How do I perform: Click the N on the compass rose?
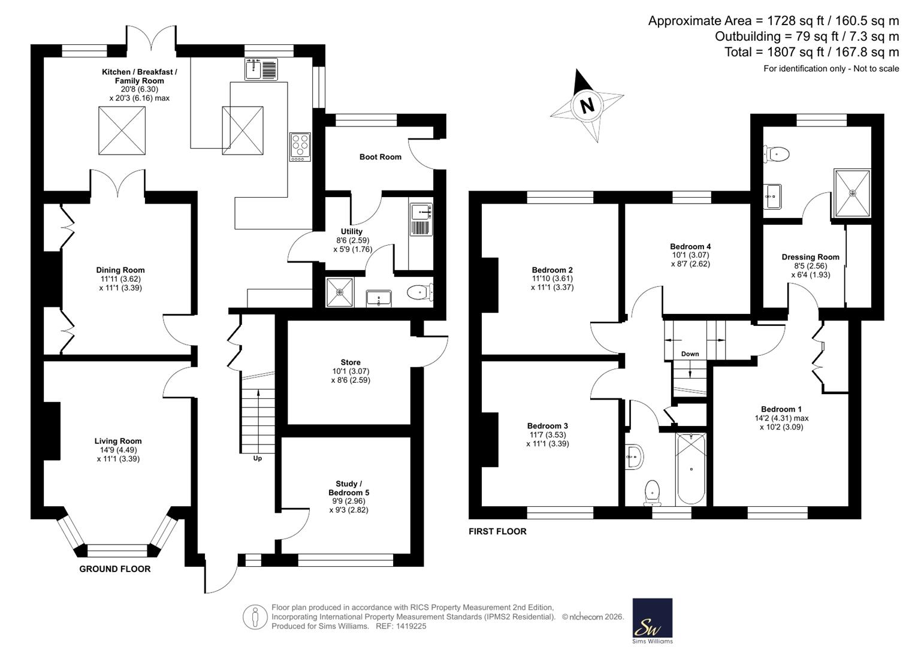click(587, 106)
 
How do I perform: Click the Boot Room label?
click(381, 157)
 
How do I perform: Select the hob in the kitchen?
click(300, 147)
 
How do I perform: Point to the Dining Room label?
click(120, 270)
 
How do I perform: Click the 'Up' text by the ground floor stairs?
click(257, 458)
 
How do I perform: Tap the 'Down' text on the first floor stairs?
click(690, 353)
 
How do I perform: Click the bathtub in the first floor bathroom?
click(691, 469)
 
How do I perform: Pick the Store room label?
click(351, 362)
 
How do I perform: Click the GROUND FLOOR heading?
click(115, 569)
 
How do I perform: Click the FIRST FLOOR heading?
click(497, 531)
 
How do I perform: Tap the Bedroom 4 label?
click(690, 246)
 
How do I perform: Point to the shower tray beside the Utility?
click(339, 292)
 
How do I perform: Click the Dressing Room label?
click(810, 257)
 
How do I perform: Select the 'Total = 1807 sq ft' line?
click(812, 52)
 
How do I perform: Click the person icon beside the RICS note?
click(255, 617)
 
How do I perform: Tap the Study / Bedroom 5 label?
click(349, 488)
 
